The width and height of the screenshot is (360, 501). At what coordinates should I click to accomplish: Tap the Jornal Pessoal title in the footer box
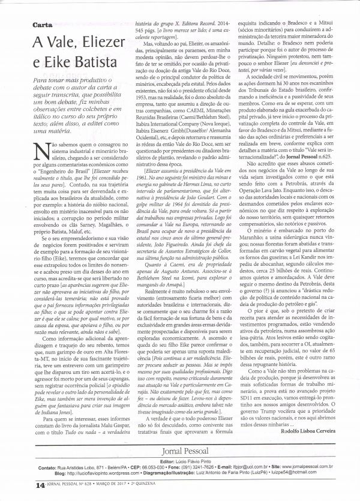click(x=182, y=451)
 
